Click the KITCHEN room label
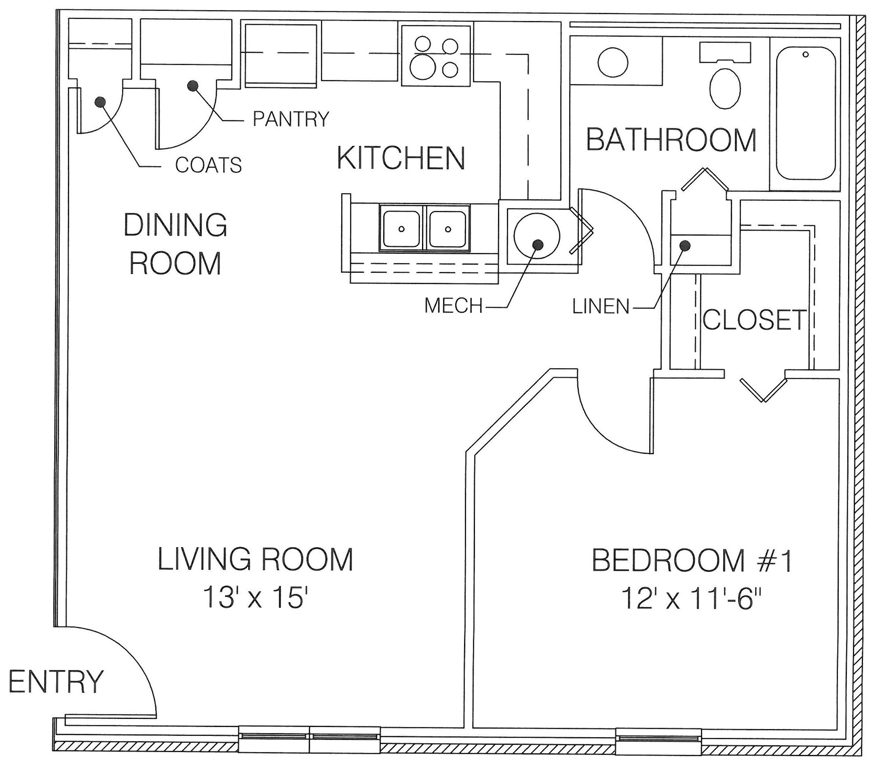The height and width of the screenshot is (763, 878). (401, 158)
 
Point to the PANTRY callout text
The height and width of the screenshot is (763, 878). (291, 119)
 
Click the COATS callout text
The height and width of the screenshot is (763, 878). (208, 165)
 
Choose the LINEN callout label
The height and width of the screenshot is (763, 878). (601, 307)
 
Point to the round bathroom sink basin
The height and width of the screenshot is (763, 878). (613, 62)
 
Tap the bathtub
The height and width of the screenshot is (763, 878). (806, 113)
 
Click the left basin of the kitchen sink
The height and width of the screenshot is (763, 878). (401, 229)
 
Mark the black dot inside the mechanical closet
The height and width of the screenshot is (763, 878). (538, 244)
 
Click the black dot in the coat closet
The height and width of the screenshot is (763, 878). (101, 102)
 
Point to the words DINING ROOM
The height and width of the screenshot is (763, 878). (175, 244)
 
